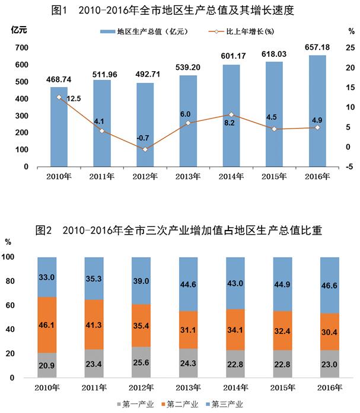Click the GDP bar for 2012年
[x=145, y=124]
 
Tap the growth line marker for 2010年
[x=59, y=97]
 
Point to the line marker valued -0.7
[x=145, y=149]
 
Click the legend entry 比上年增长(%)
[x=250, y=29]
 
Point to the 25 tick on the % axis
[x=350, y=47]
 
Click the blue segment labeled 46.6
[x=329, y=285]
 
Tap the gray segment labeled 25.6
[x=141, y=362]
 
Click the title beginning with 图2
[x=179, y=230]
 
